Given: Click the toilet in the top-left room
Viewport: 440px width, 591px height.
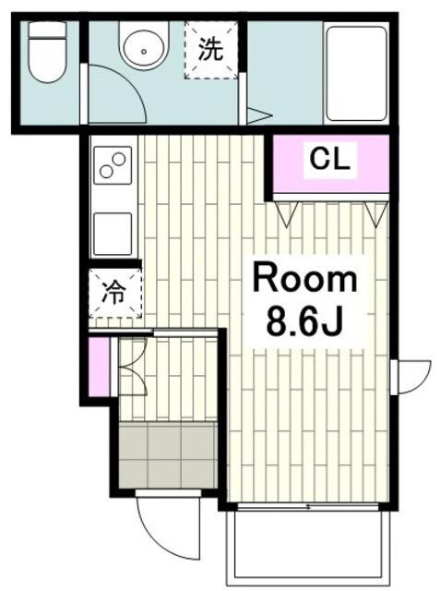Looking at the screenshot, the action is pos(47,52).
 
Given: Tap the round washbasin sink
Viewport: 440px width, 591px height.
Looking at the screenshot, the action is pos(143,45).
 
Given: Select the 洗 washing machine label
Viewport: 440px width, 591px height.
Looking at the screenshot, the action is pos(210,49).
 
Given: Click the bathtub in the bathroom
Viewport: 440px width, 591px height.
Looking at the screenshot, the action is pos(356,73).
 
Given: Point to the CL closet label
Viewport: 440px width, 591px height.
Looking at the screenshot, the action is pos(329,159).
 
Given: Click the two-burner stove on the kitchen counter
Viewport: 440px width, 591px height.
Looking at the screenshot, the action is pos(113,165).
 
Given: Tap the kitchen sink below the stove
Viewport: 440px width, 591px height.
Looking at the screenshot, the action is pos(113,234).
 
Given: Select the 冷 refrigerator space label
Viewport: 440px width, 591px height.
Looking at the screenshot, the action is pos(113,293).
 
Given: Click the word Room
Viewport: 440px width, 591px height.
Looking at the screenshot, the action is pos(305,280).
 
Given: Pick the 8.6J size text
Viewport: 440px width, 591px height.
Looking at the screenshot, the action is pos(304,322).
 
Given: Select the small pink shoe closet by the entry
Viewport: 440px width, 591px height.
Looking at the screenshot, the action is pos(99,368).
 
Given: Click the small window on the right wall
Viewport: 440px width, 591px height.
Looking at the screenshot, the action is pos(394,378).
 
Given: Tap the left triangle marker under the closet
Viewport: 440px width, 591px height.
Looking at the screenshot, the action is pos(287,214).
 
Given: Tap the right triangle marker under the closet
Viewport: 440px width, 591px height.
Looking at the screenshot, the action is pos(376,214).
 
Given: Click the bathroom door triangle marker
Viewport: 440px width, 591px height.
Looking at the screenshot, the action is pos(259,116).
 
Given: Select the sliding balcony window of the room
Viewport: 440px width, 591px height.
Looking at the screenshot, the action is pos(308,506).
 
